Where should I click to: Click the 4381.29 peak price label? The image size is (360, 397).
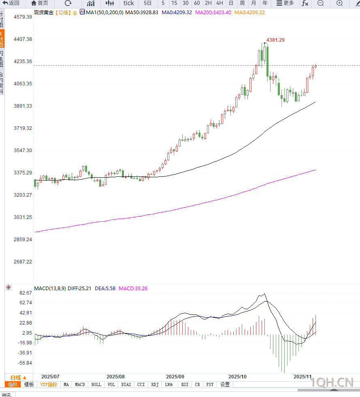[x=275, y=40]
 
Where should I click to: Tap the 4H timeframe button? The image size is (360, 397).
[x=219, y=3]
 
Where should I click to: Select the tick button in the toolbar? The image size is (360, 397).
[x=129, y=3]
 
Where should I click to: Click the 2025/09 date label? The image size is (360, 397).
[x=175, y=376]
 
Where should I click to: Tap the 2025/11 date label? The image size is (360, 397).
[x=302, y=376]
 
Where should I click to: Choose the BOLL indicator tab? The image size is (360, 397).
[x=96, y=384]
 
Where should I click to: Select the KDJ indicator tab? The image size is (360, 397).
[x=155, y=384]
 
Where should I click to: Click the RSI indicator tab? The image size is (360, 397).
[x=185, y=384]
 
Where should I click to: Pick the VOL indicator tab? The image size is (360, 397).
[x=111, y=384]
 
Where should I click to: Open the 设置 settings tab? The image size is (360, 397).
[x=225, y=384]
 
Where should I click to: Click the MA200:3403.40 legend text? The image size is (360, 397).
[x=213, y=13]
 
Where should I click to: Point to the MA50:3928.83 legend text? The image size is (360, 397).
[x=141, y=13]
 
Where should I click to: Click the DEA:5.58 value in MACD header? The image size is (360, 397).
[x=105, y=289]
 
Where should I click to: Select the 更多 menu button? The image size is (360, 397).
[x=285, y=3]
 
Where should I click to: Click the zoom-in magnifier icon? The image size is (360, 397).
[x=339, y=3]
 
